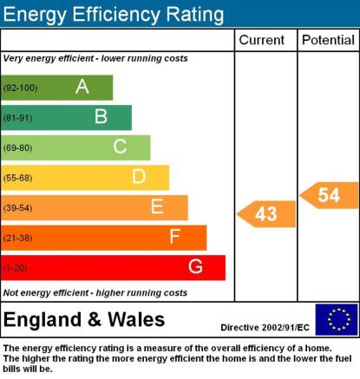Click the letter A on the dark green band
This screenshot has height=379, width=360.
pos(82,87)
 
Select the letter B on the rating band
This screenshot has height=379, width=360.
pos(101,116)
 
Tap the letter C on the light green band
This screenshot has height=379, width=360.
pos(120,147)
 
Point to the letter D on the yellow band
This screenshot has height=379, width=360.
pos(139,176)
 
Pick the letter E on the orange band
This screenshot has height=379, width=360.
pos(157,206)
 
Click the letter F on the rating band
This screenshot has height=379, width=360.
pos(175,237)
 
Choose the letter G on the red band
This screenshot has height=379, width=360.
pos(195,266)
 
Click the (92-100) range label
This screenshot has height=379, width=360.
pos(20,88)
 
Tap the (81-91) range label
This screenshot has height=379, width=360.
pos(17,118)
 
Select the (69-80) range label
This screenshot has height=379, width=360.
pos(17,148)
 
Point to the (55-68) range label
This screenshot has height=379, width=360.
pos(17,178)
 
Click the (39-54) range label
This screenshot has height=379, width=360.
pos(17,208)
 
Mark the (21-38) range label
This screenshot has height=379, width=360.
pos(17,239)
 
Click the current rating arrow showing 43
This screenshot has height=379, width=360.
pos(266,214)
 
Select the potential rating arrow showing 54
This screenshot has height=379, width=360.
pos(329,195)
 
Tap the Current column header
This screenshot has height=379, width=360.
pos(262,40)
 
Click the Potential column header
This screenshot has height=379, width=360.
pos(328,40)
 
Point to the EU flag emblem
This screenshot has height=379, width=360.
pos(337,319)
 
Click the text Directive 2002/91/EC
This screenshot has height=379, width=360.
pos(265,328)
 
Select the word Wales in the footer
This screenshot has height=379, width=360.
pos(136,320)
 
